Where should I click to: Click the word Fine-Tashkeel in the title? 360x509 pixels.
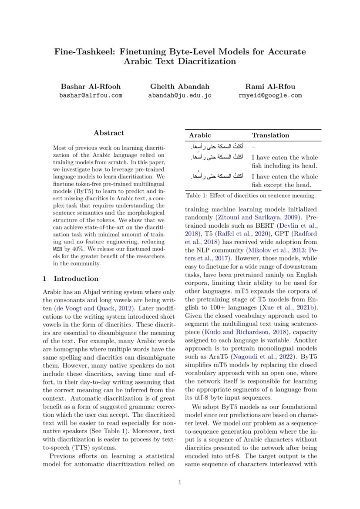point(80,52)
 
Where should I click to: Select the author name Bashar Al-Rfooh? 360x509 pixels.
point(91,86)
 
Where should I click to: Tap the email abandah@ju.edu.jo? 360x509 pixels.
point(180,95)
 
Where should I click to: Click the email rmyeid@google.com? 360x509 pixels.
point(270,95)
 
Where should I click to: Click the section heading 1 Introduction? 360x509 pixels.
point(71,279)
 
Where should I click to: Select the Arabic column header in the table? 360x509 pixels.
point(199,135)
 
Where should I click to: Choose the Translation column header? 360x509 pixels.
point(270,135)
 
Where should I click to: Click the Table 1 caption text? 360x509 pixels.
point(250,196)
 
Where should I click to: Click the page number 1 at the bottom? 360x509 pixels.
point(180,482)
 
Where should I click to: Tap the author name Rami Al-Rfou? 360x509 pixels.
point(270,86)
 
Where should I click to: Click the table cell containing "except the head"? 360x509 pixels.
point(285,181)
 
